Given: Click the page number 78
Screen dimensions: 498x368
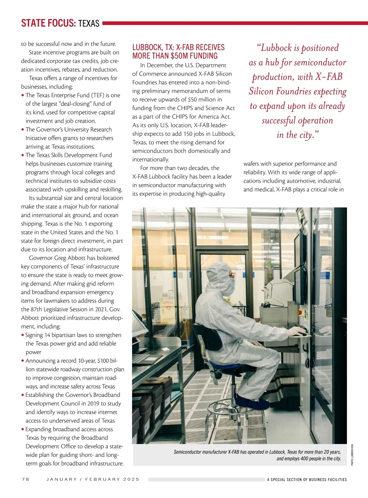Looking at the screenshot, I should pyautogui.click(x=25, y=479).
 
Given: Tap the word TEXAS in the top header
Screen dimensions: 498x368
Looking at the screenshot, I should pyautogui.click(x=89, y=24).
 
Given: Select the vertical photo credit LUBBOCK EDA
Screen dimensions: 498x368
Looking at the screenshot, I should pyautogui.click(x=352, y=455).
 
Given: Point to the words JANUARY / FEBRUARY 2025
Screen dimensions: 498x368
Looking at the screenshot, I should pyautogui.click(x=93, y=479).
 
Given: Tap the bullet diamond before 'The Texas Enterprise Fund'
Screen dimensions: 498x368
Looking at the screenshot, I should pyautogui.click(x=23, y=95).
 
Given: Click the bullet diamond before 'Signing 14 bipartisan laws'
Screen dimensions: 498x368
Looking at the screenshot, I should pyautogui.click(x=23, y=335).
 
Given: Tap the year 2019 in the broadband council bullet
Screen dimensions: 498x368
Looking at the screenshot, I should pyautogui.click(x=93, y=404).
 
